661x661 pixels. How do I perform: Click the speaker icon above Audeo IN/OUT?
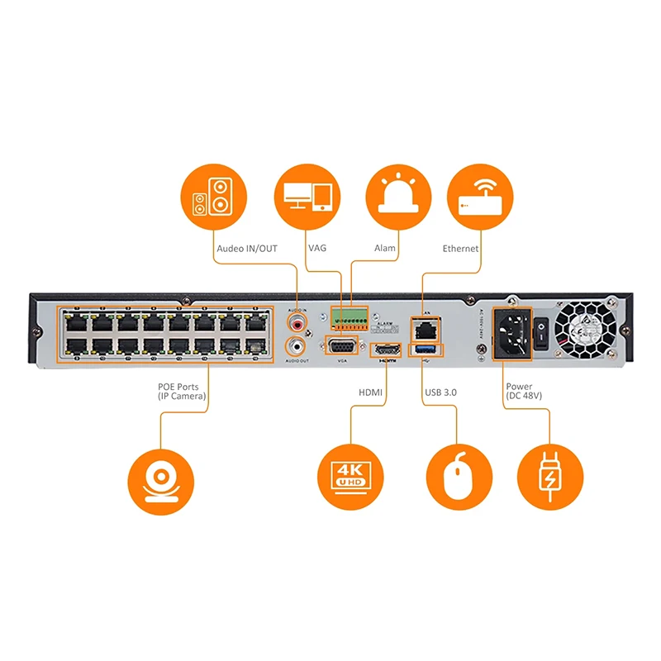click(x=213, y=197)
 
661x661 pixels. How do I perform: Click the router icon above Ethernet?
click(x=480, y=197)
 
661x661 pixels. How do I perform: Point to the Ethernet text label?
click(x=460, y=248)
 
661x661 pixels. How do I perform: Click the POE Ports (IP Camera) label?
click(x=179, y=392)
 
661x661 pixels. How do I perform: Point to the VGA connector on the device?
click(x=341, y=346)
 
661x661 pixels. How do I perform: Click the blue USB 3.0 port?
click(x=426, y=351)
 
